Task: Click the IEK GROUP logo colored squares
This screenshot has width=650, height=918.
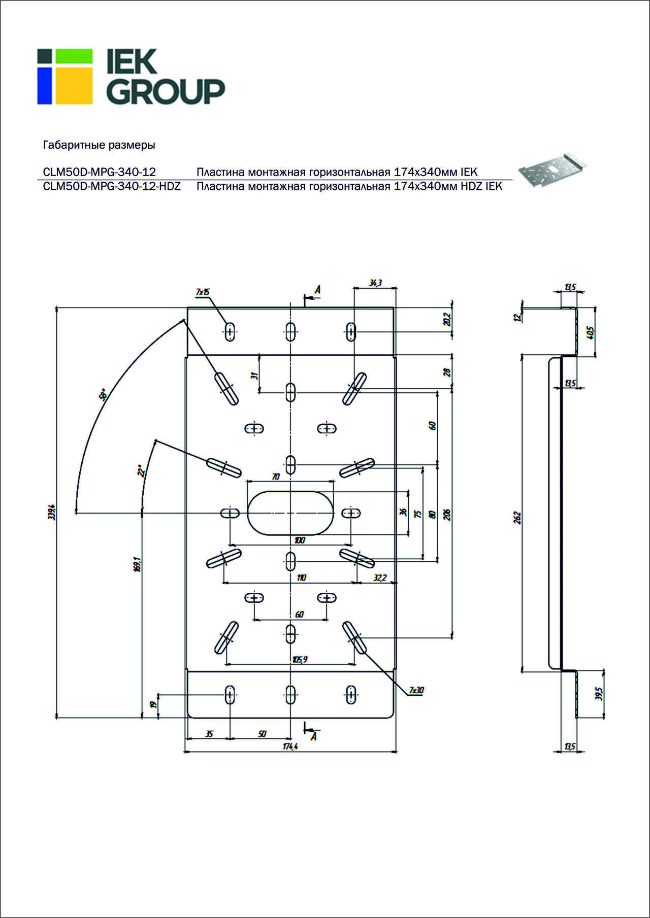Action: point(65,77)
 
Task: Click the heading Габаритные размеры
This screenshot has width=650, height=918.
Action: point(99,145)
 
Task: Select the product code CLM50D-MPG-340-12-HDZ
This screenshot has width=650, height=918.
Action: point(112,186)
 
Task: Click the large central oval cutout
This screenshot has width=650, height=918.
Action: point(290,513)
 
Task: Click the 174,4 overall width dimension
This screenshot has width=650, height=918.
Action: point(289,746)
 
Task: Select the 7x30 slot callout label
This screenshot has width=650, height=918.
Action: point(416,690)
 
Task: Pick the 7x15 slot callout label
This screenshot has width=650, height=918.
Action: point(203,292)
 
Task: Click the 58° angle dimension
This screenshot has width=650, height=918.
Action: point(103,395)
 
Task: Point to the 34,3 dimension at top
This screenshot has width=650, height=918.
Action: point(375,283)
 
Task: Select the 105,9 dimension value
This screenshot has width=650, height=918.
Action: point(300,660)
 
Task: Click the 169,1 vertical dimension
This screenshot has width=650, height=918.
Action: point(136,564)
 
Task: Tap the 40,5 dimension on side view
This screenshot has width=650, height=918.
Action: point(590,333)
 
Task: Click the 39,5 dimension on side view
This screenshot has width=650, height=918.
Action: point(599,694)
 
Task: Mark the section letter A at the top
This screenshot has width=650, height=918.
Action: point(318,290)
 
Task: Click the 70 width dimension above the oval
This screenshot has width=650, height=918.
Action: point(276,477)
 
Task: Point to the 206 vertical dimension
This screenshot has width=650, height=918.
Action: point(447,515)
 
